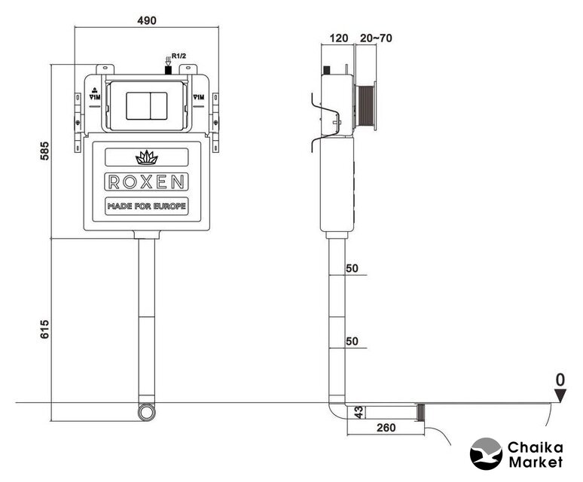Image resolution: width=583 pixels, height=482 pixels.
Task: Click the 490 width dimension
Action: click(146, 20)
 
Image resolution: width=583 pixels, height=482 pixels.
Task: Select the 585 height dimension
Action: click(44, 152)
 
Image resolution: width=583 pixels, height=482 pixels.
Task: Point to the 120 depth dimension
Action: click(339, 38)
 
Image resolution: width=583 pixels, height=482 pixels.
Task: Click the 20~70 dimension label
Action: click(376, 38)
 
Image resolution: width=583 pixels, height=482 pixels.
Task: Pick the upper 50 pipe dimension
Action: click(352, 269)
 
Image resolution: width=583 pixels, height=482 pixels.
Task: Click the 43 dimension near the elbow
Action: click(359, 413)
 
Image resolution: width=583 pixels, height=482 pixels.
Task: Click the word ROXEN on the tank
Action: click(146, 182)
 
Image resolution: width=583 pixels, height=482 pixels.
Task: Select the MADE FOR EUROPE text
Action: click(146, 206)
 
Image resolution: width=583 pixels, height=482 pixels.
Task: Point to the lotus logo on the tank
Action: click(146, 157)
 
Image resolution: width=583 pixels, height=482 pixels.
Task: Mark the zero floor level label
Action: click(559, 378)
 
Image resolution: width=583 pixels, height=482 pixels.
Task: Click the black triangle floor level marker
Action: click(559, 395)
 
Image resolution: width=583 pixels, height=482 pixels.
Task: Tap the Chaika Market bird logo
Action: click(486, 453)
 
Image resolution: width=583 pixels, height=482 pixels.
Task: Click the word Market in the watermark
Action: click(536, 461)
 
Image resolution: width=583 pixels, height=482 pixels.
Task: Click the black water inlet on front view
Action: click(168, 69)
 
